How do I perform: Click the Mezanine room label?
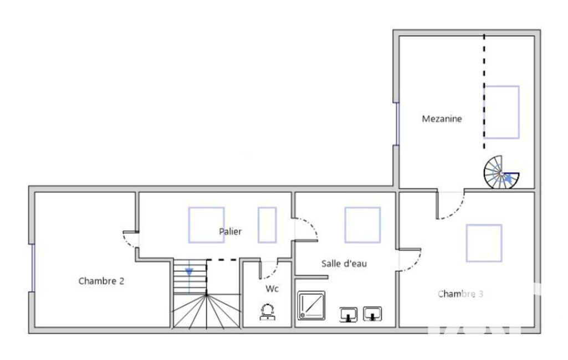pyautogui.click(x=442, y=119)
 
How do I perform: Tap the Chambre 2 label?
pyautogui.click(x=101, y=281)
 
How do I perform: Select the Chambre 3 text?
pyautogui.click(x=460, y=294)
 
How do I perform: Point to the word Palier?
pyautogui.click(x=230, y=232)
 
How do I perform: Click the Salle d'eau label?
pyautogui.click(x=344, y=263)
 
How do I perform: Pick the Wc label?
pyautogui.click(x=272, y=289)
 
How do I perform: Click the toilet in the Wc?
pyautogui.click(x=267, y=312)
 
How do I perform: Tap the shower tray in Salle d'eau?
pyautogui.click(x=311, y=306)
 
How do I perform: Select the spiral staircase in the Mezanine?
pyautogui.click(x=502, y=172)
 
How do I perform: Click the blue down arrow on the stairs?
pyautogui.click(x=189, y=272)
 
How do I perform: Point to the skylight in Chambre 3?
pyautogui.click(x=484, y=243)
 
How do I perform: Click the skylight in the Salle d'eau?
pyautogui.click(x=362, y=225)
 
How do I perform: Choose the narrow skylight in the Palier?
pyautogui.click(x=267, y=225)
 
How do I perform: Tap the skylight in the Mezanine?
pyautogui.click(x=502, y=112)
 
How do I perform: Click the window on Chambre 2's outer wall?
pyautogui.click(x=33, y=268)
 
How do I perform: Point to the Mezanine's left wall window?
pyautogui.click(x=397, y=124)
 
